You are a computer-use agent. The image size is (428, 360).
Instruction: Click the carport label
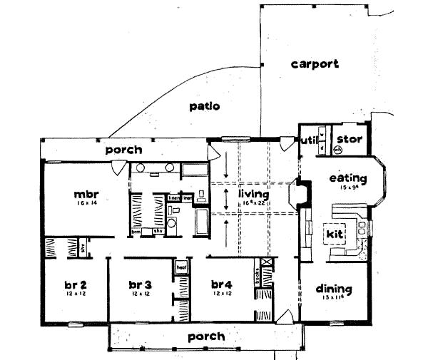pos(315,64)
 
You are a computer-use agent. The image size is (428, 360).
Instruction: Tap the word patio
pos(204,107)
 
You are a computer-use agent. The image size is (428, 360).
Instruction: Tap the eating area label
pos(348,178)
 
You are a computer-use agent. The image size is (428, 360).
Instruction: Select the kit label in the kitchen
pos(334,233)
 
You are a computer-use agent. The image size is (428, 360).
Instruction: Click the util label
pos(308,139)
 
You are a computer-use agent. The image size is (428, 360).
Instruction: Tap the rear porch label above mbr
pos(123,150)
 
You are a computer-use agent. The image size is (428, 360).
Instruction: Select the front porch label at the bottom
pos(205,336)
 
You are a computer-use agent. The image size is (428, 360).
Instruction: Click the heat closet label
pos(181,267)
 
